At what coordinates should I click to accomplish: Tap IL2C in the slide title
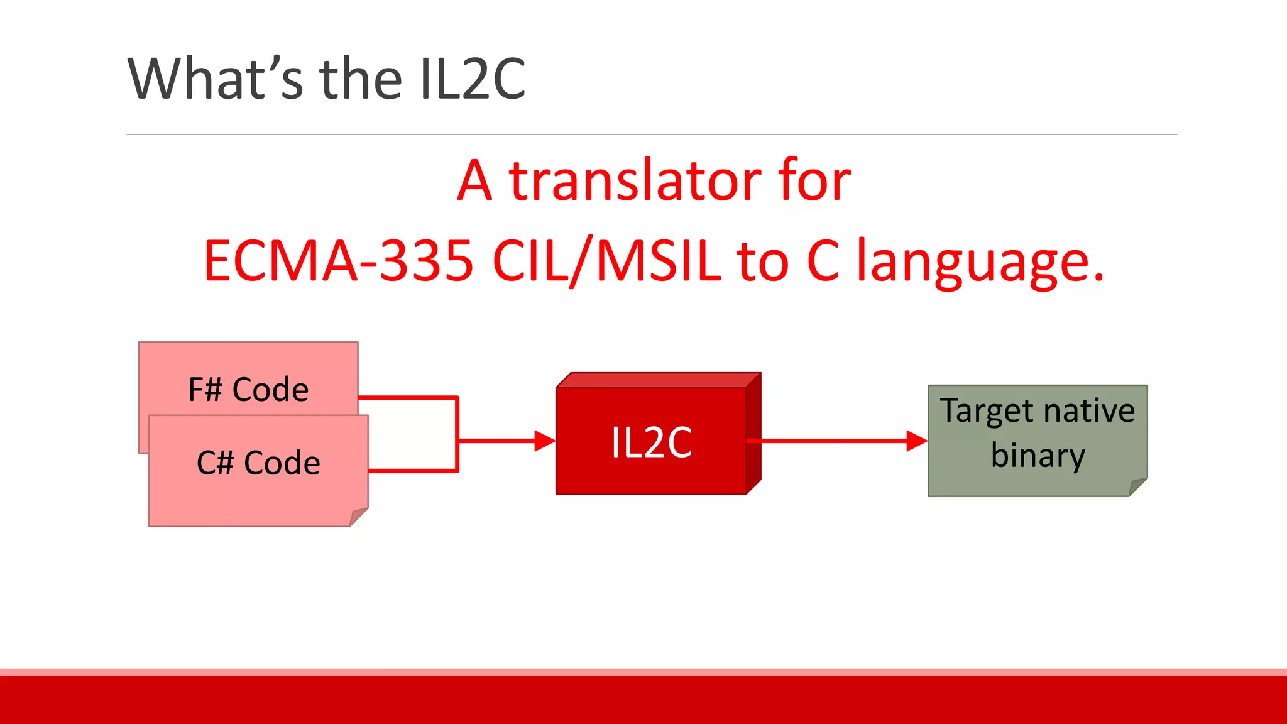click(473, 79)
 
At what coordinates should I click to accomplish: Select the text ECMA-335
click(338, 261)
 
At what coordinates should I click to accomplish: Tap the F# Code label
click(248, 390)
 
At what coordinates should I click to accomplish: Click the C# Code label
click(258, 463)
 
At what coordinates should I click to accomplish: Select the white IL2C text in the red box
click(652, 442)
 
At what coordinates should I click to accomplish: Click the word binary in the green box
click(1038, 456)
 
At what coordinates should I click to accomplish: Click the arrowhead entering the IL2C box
click(544, 441)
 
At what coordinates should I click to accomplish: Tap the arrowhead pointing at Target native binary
click(917, 441)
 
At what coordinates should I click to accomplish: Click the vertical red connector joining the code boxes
click(457, 434)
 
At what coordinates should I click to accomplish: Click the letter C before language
click(823, 261)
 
